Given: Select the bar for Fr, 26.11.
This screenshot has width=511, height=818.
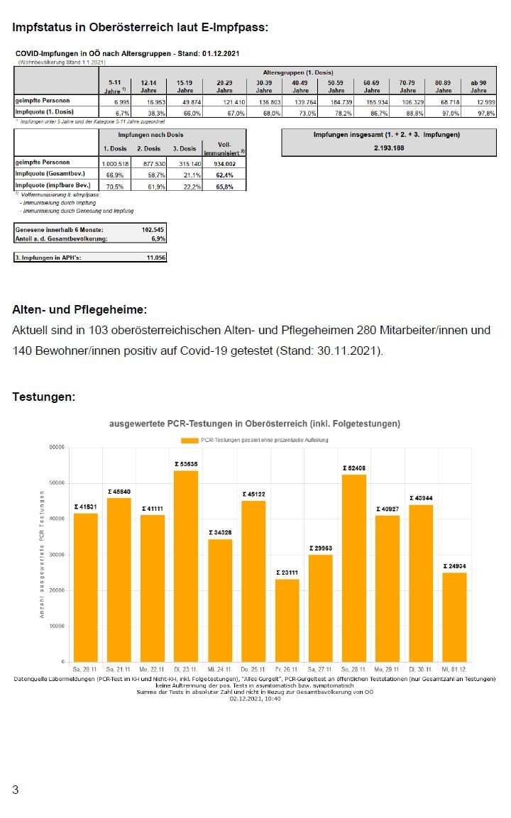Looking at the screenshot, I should point(287,620).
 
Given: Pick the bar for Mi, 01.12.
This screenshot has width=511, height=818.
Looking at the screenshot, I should point(455,617).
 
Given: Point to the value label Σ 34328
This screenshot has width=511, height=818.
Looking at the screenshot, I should point(220,532).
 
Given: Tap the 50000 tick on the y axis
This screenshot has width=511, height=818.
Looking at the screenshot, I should point(56,483).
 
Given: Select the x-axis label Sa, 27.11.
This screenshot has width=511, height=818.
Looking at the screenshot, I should point(321,669).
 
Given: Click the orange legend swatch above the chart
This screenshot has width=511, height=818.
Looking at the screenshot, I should point(189,440).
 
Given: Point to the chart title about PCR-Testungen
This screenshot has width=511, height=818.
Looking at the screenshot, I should point(255,424).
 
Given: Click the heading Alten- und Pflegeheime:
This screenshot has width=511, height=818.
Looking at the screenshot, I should point(79,310).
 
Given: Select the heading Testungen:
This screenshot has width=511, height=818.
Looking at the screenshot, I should point(43,397).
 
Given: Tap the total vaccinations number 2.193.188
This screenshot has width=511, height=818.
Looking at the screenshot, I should point(389,148).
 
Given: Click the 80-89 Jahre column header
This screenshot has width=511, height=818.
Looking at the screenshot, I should point(444,87).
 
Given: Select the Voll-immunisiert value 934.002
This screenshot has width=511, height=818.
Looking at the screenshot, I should point(224,162).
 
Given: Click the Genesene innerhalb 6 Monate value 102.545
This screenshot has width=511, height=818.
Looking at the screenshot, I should point(153,230).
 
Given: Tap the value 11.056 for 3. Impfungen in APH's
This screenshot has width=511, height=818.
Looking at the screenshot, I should point(155,258).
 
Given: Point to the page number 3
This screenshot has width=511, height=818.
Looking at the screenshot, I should point(16,790).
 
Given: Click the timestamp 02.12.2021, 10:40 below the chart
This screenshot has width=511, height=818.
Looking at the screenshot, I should point(255,699).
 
